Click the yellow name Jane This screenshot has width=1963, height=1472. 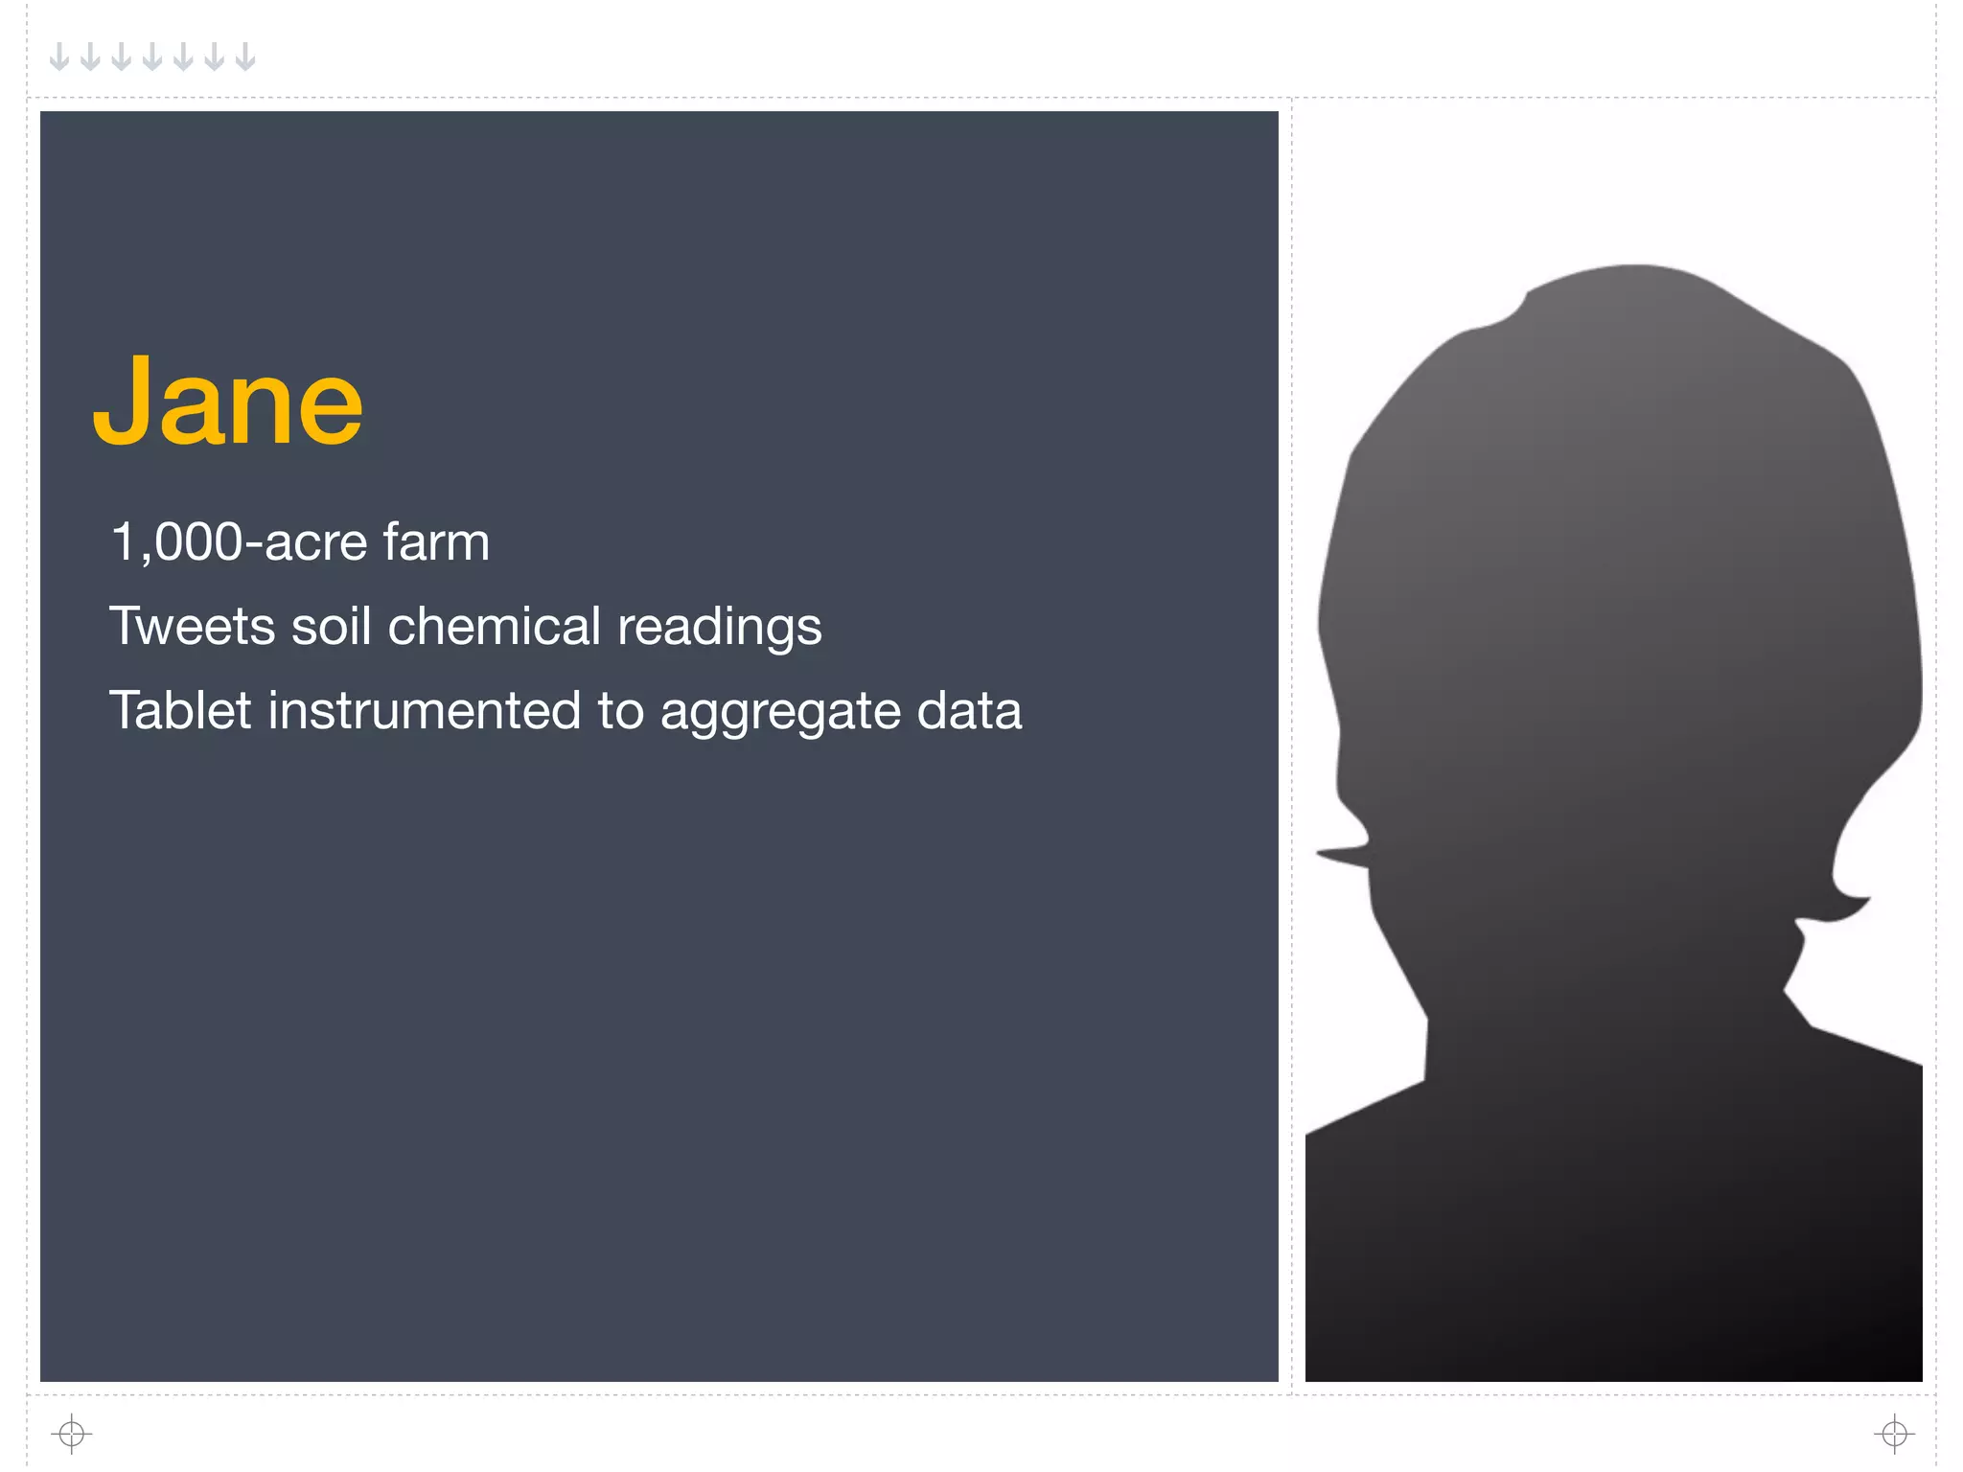click(x=228, y=402)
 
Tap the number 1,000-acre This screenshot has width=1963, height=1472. click(x=239, y=542)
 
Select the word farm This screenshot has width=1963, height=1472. click(x=436, y=542)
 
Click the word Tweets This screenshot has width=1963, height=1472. click(x=192, y=627)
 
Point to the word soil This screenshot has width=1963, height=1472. click(x=331, y=627)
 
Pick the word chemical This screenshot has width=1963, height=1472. click(x=494, y=627)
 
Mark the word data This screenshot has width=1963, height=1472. click(x=969, y=711)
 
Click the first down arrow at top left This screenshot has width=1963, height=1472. click(x=59, y=57)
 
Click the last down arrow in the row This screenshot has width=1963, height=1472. click(x=246, y=57)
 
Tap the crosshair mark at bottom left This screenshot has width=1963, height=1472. click(x=72, y=1434)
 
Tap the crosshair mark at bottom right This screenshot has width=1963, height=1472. click(x=1894, y=1434)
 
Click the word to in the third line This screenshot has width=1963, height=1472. click(x=621, y=711)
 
